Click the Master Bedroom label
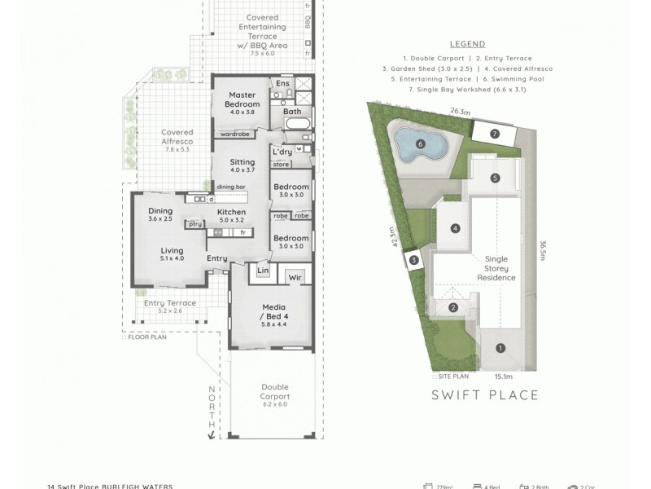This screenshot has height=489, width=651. point(242,100)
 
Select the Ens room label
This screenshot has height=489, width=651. point(282,83)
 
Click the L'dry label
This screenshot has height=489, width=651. point(282,152)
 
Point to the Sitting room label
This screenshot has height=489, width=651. point(242,165)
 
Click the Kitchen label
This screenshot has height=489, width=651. point(231,215)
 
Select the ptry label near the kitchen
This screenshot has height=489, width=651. point(194,224)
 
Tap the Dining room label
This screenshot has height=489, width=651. point(160,214)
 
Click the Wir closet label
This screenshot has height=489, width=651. point(295,277)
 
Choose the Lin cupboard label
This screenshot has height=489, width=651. point(262,270)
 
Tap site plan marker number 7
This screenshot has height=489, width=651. point(494,133)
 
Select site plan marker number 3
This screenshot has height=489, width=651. point(413,260)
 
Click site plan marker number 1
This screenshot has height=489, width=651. point(500,347)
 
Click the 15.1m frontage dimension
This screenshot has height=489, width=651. point(502,376)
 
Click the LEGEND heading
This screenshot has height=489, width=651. point(467,44)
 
